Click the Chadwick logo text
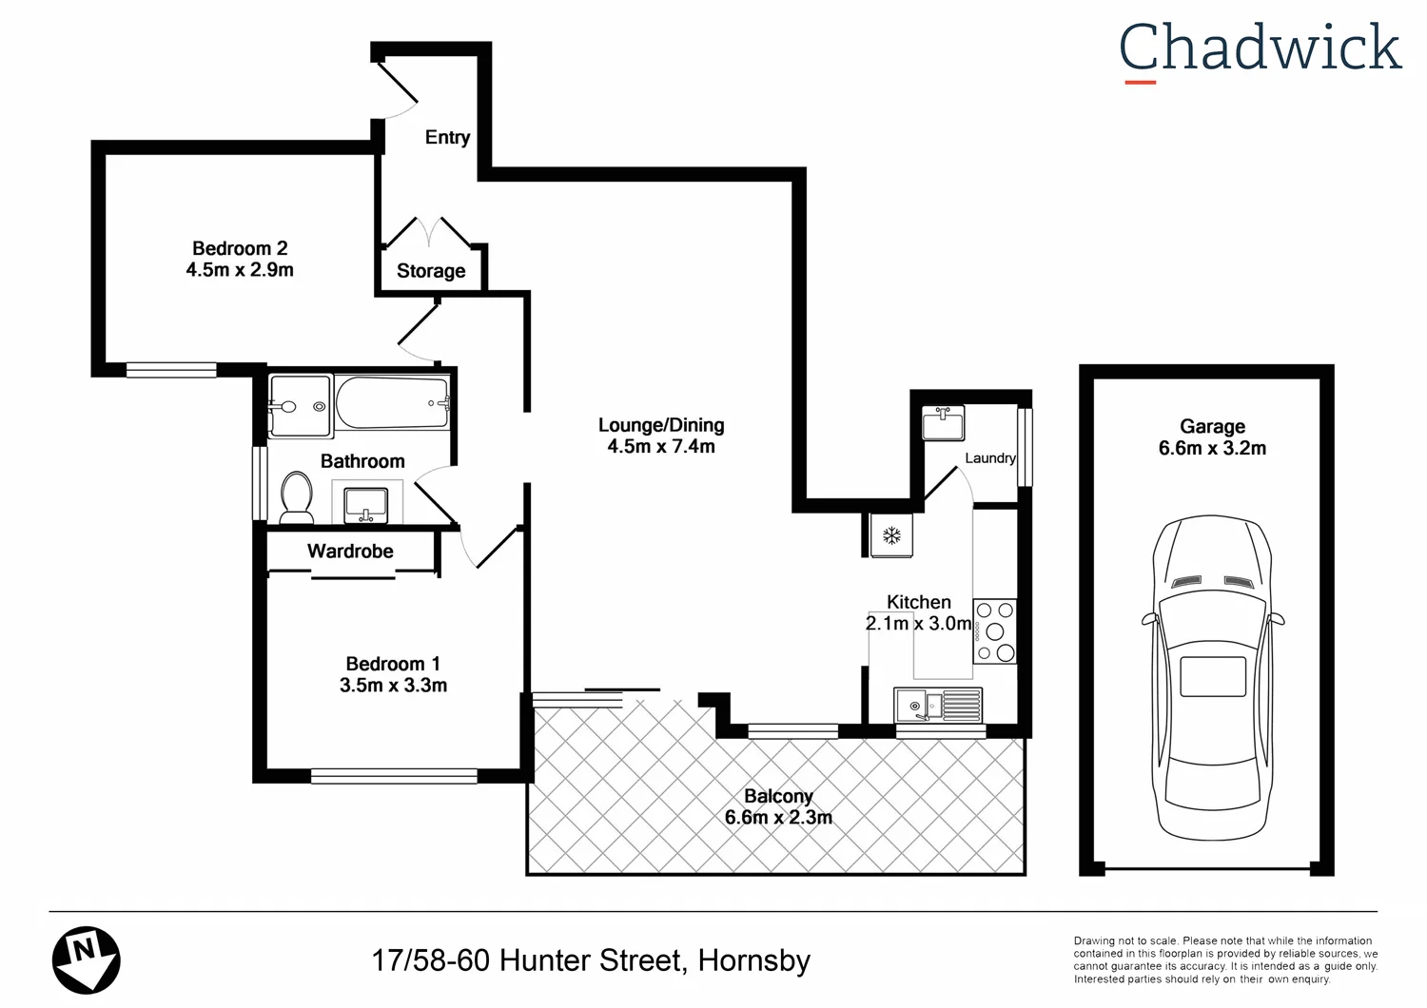tap(1260, 48)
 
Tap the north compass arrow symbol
tap(86, 959)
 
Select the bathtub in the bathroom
tap(392, 403)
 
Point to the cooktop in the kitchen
tap(995, 630)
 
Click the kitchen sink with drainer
tap(938, 706)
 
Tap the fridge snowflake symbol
tap(891, 535)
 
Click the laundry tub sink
tap(943, 422)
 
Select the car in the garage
tap(1212, 677)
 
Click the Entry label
tap(447, 137)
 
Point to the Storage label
tap(431, 271)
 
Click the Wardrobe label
tap(350, 552)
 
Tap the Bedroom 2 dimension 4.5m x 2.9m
tap(240, 270)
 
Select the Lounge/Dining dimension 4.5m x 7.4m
tap(661, 447)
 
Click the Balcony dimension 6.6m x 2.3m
tap(778, 818)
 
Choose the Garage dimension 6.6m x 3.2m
tap(1212, 449)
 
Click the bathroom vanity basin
tap(365, 503)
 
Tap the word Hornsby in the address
tap(753, 960)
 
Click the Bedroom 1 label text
tap(393, 664)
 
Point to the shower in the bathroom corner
tap(300, 406)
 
